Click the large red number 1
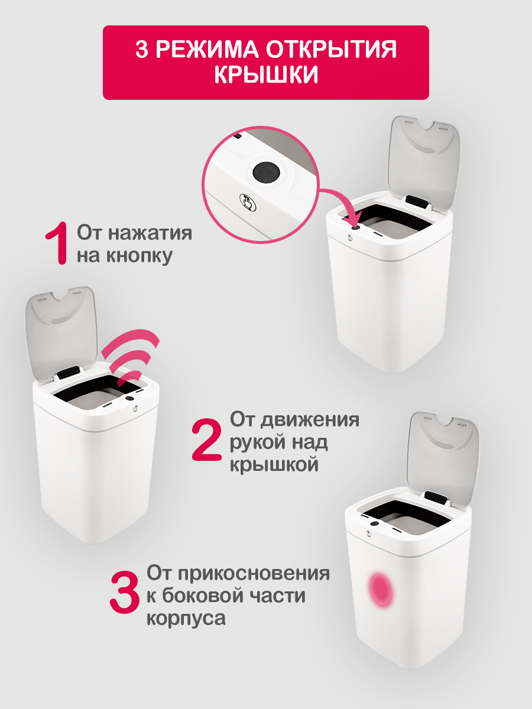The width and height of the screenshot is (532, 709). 59,243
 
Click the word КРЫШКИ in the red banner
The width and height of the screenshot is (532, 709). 265,75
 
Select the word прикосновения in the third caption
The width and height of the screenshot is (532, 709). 255,573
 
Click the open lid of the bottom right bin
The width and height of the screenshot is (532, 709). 443,455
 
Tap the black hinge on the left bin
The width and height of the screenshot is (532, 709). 69,373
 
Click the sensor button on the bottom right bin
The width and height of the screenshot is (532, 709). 374,524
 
